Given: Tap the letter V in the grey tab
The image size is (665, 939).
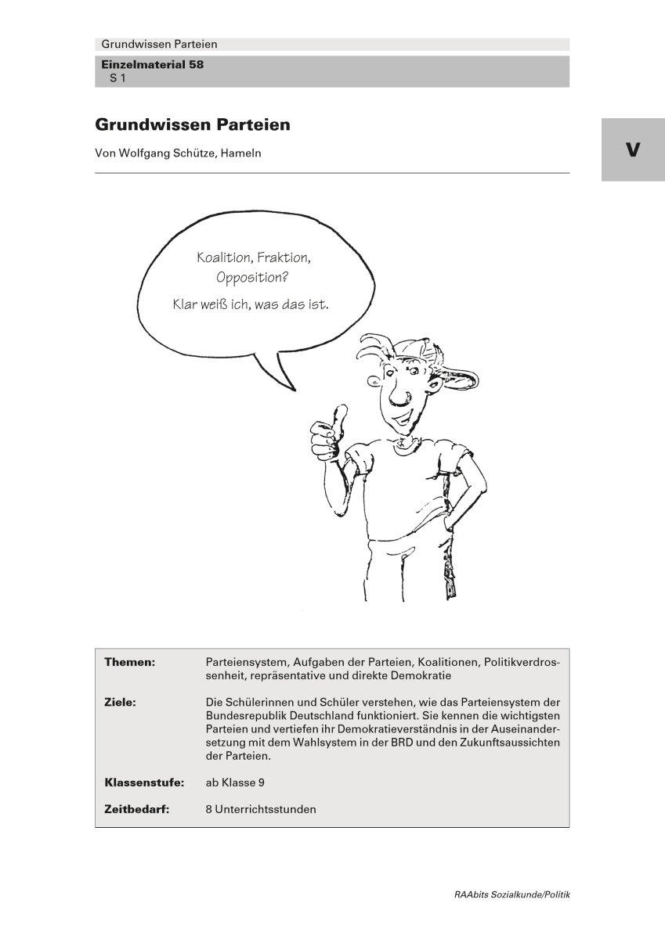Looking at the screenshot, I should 633,149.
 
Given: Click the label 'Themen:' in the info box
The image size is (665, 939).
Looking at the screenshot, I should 130,662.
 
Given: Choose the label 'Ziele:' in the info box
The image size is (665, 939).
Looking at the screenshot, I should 121,703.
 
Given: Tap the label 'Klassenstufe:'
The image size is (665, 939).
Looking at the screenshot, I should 144,782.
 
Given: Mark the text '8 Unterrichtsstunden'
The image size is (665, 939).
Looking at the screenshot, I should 256,809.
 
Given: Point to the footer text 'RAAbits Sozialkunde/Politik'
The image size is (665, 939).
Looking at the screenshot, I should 511,894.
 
